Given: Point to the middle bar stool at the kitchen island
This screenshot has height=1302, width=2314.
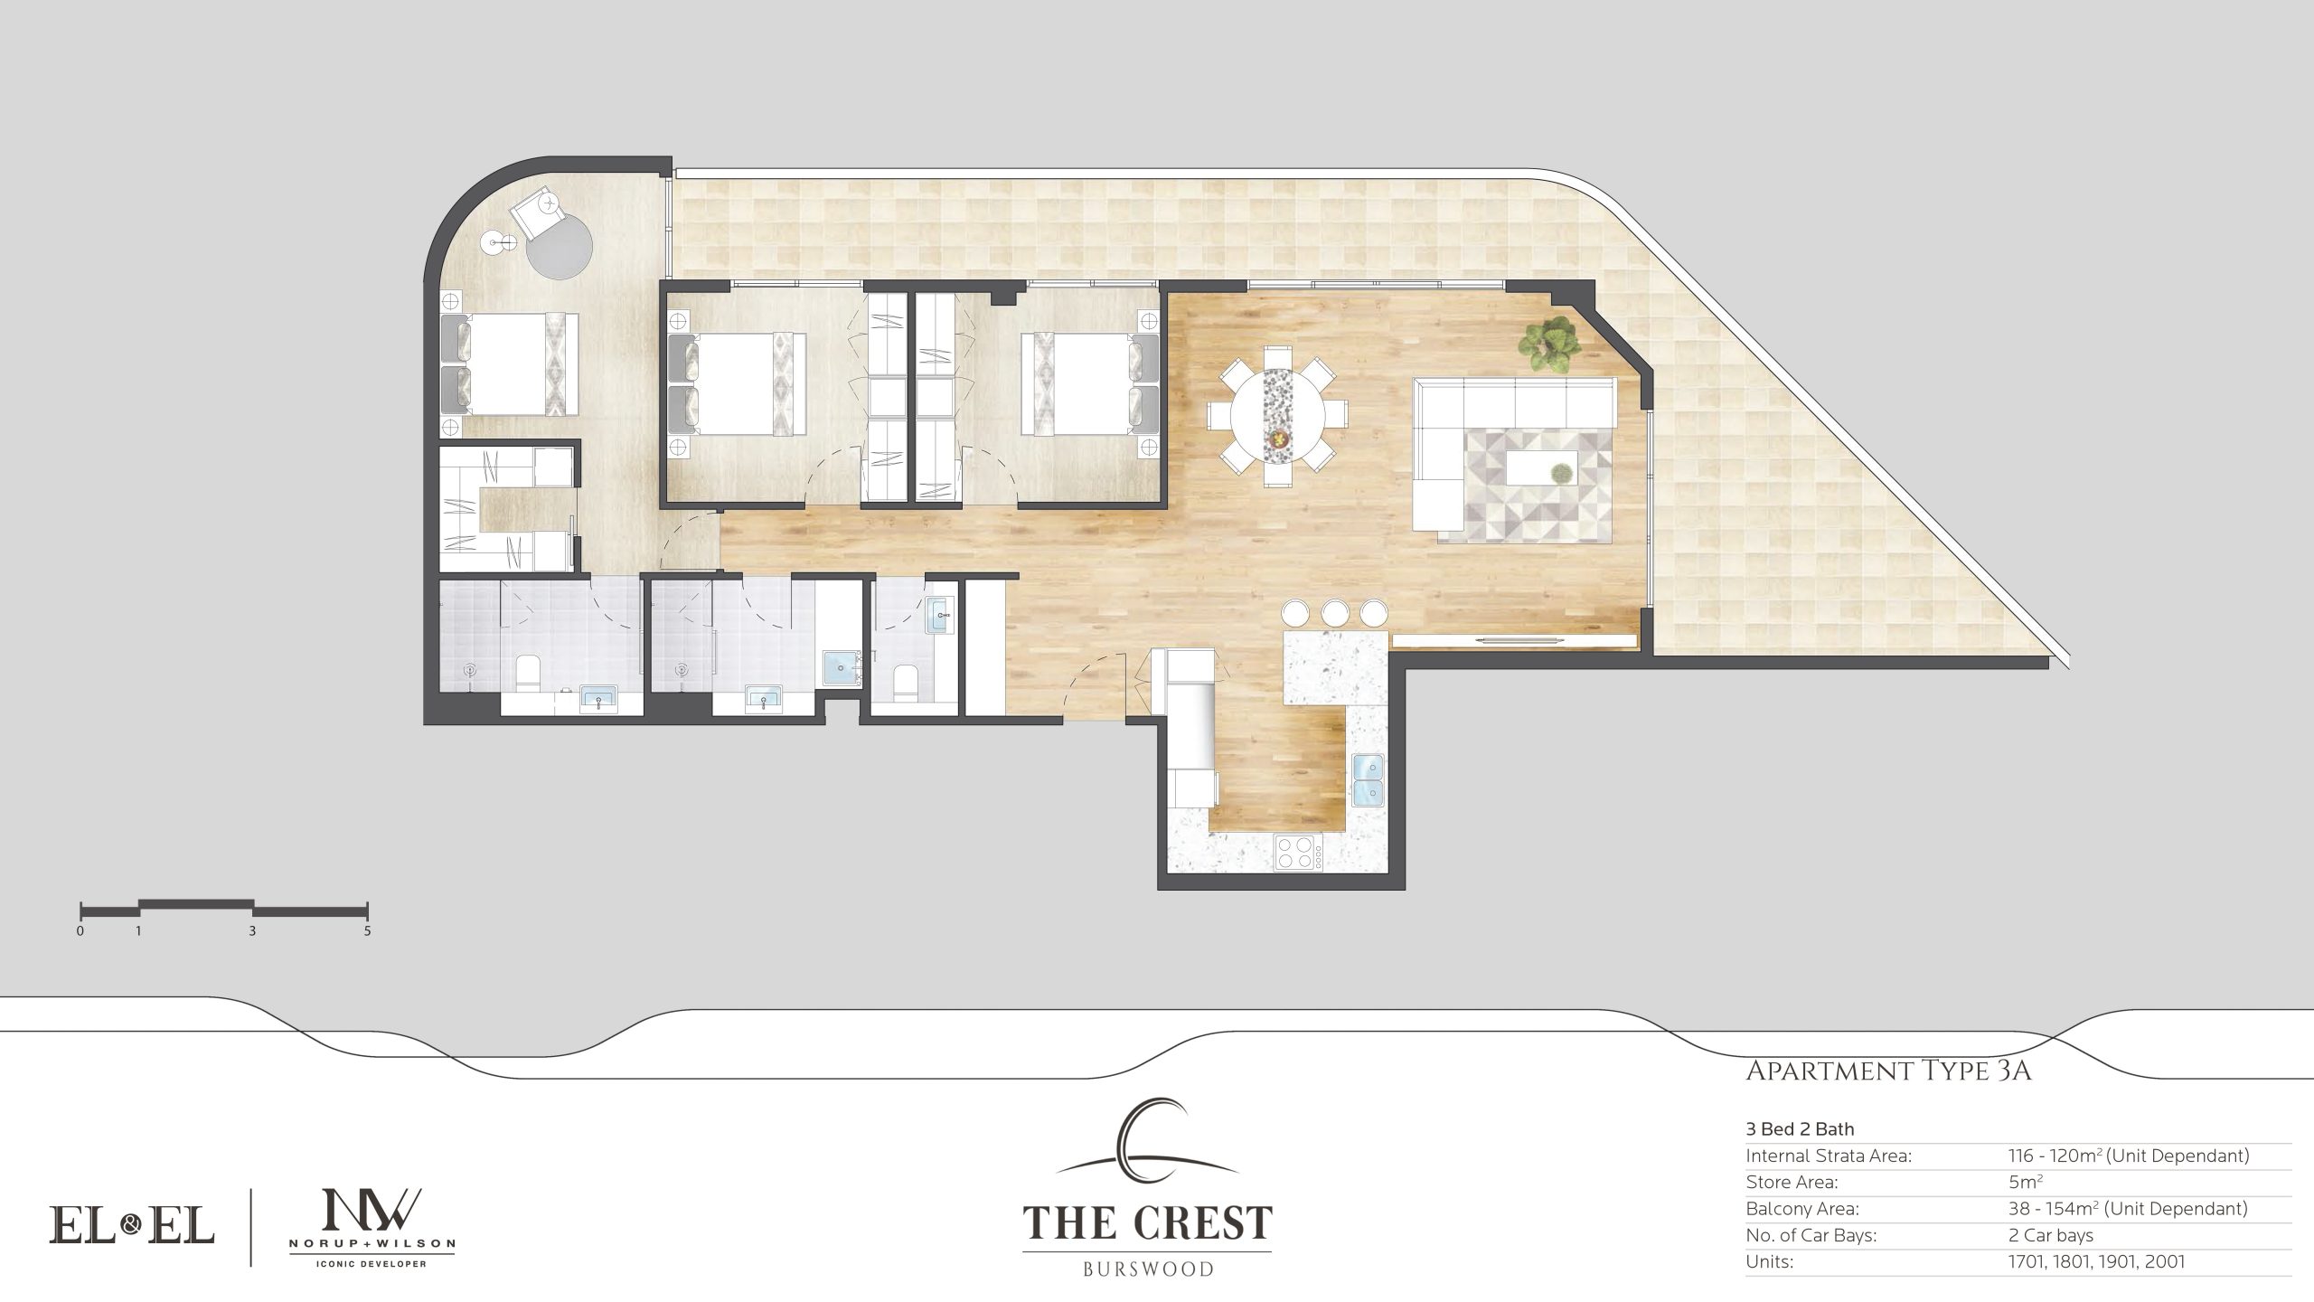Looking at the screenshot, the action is click(x=1334, y=612).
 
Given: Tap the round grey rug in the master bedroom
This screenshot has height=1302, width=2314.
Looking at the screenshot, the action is click(x=560, y=247).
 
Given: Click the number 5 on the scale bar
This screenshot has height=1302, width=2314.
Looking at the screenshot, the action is click(x=367, y=930).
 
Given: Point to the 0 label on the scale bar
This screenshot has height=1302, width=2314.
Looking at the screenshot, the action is click(x=80, y=930).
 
